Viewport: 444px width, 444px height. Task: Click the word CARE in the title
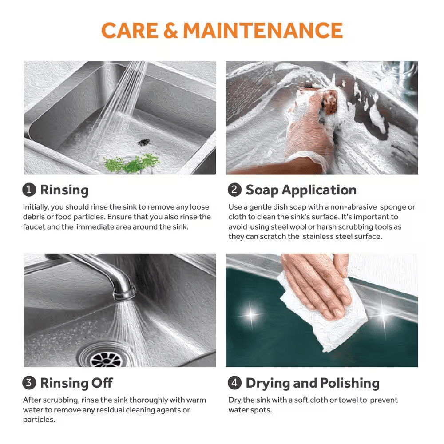point(130,31)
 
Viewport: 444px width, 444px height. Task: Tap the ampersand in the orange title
point(171,31)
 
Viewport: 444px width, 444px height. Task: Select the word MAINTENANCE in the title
point(263,31)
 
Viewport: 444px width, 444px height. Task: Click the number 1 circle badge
point(29,190)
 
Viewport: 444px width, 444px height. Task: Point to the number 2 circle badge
point(234,190)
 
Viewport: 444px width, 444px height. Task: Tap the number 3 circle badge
point(29,383)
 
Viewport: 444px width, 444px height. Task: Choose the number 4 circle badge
point(234,383)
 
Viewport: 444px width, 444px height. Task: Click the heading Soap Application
point(301,190)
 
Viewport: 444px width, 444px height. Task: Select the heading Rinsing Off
point(76,383)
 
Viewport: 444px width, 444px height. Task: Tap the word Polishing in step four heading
point(350,384)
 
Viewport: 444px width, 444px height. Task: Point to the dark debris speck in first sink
point(144,142)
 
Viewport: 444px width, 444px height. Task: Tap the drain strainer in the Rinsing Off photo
point(107,357)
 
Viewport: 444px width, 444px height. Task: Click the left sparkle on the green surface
point(250,315)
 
